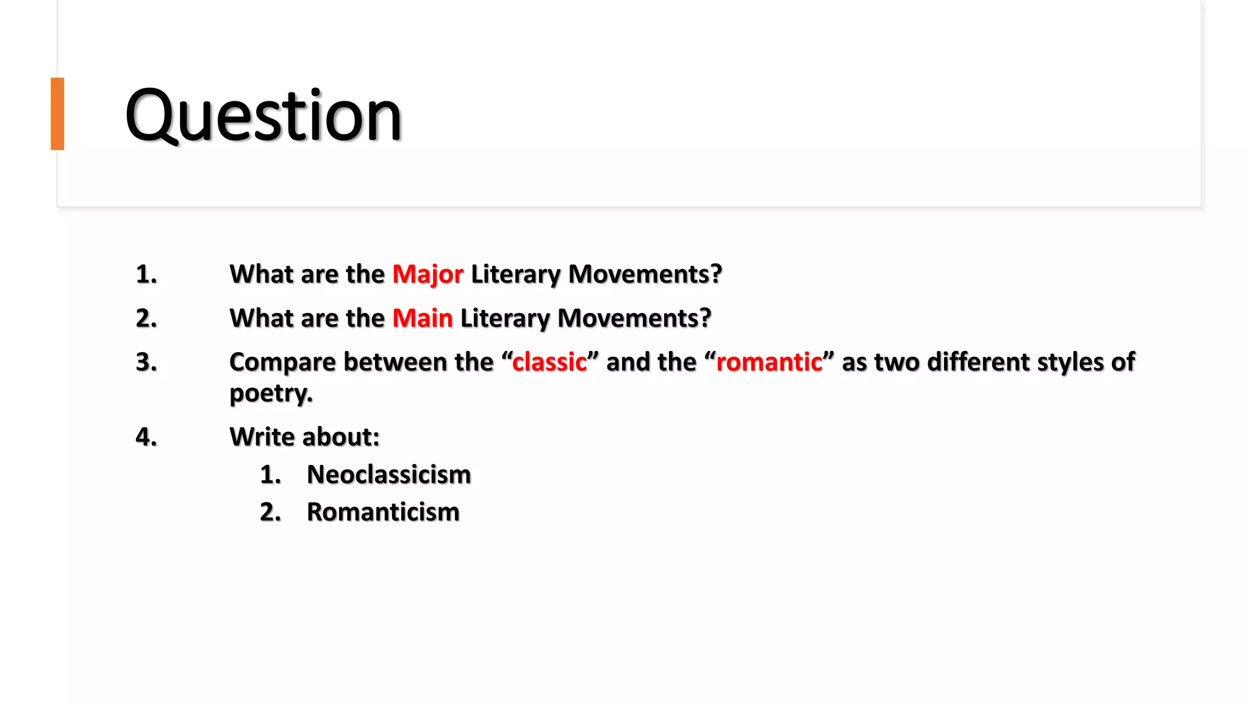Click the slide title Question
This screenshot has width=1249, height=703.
pos(263,115)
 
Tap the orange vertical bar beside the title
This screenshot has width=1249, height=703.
pos(57,114)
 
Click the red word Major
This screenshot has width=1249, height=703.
pos(428,274)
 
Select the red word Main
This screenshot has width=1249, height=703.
pos(422,318)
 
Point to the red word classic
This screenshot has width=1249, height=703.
pos(549,362)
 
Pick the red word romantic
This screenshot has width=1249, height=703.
pos(768,362)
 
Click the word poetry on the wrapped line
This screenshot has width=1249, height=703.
pos(270,393)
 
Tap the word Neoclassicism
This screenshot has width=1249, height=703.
pos(388,475)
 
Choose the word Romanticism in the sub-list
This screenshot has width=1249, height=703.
pos(382,512)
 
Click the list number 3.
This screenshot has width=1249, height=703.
pos(146,362)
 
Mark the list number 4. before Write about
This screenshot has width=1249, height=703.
pos(146,437)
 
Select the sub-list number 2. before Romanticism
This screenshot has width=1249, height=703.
pos(270,512)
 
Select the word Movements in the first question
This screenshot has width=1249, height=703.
pos(645,274)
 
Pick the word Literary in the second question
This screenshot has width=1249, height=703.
pos(505,318)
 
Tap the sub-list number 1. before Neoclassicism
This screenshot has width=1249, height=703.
pos(270,475)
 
